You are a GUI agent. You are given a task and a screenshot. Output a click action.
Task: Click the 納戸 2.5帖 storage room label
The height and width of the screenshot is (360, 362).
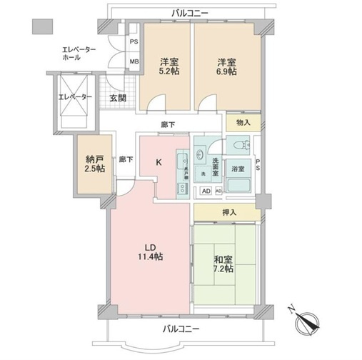[94, 163]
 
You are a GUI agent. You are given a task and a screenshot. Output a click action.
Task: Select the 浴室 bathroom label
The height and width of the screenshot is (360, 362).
[237, 169]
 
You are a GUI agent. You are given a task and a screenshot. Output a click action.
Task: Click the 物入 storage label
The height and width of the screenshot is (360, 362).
[243, 123]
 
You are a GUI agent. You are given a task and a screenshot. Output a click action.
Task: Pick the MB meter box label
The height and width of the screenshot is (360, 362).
[133, 62]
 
